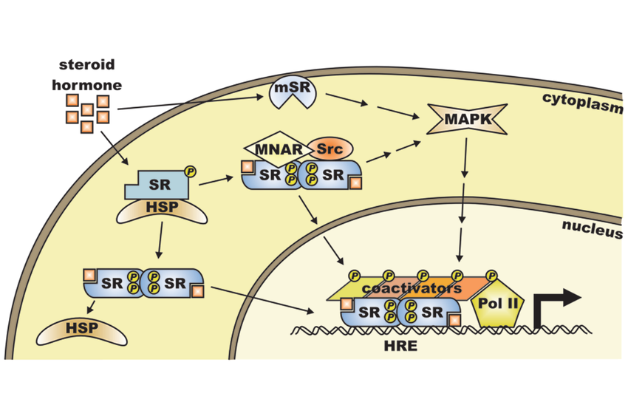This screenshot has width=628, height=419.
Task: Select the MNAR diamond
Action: pos(275,149)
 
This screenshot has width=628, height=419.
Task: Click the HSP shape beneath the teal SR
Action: pos(161,208)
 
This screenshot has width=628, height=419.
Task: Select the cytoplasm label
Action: pos(580,98)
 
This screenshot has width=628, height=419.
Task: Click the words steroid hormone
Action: pos(86,73)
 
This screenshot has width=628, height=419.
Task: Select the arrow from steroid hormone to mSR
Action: pos(188,103)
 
